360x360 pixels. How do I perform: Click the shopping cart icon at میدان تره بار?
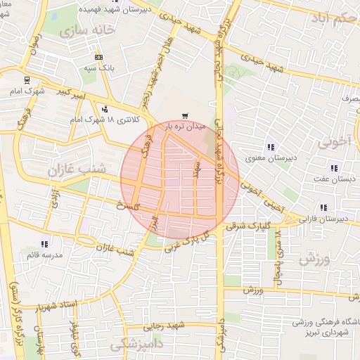pyautogui.click(x=185, y=116)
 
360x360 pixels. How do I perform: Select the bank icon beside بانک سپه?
pyautogui.click(x=98, y=57)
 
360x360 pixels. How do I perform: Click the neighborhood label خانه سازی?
pyautogui.click(x=87, y=32)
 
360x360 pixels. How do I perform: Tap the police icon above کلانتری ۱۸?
pyautogui.click(x=105, y=109)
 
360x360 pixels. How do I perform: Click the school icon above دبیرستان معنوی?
pyautogui.click(x=269, y=147)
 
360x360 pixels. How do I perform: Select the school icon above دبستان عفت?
pyautogui.click(x=333, y=168)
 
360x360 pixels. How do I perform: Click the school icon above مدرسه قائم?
pyautogui.click(x=45, y=243)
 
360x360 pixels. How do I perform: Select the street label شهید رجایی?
pyautogui.click(x=164, y=326)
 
